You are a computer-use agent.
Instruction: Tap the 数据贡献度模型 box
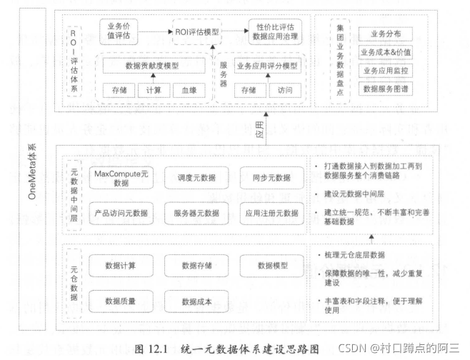[151, 66]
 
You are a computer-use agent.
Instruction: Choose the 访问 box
[286, 90]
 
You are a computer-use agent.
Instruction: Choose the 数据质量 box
[121, 299]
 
